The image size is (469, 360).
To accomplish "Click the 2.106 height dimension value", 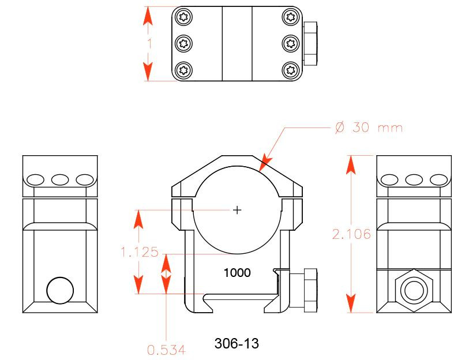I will [351, 234].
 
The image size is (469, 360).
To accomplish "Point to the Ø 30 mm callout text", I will [369, 127].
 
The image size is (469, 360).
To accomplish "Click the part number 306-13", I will [237, 344].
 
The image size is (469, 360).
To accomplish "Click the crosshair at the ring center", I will [237, 211].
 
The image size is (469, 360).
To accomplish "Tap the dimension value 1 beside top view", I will [149, 43].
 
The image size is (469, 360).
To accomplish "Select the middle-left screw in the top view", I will [184, 43].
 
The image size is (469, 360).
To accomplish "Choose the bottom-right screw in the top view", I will [290, 70].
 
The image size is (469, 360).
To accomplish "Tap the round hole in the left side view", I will [60, 290].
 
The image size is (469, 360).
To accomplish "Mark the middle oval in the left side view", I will [60, 179].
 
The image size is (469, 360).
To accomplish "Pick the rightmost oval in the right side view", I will [439, 179].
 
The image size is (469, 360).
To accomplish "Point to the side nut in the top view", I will [310, 43].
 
